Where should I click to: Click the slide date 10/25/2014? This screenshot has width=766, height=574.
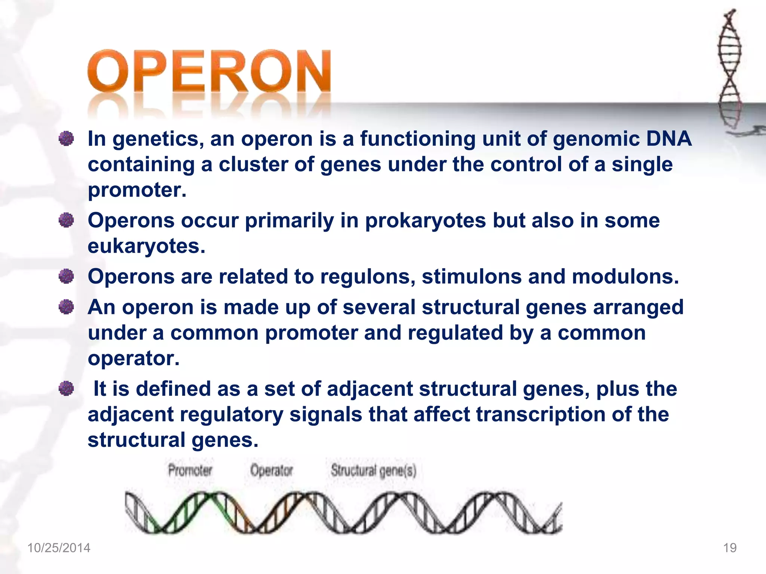coord(59,548)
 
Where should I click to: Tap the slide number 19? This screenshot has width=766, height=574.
coord(730,548)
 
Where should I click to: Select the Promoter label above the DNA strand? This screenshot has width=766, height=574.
coord(190,470)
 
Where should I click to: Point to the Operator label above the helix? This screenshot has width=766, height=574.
coord(272,470)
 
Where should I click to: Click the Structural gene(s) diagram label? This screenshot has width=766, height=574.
coord(373,470)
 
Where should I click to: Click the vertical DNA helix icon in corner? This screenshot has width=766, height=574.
coord(729,67)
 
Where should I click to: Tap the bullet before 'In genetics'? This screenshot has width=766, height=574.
coord(67,139)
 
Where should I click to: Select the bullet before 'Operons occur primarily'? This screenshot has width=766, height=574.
coord(67,220)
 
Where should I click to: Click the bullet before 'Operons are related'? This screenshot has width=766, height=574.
coord(67,277)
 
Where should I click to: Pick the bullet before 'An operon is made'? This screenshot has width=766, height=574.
coord(67,307)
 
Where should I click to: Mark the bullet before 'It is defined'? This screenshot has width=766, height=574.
coord(67,389)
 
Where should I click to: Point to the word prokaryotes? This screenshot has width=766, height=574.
coord(425,221)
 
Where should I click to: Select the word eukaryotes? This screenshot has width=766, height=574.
coord(146,247)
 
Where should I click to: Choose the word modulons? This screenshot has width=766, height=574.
coord(625,277)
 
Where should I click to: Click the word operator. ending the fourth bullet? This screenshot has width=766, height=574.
coord(134,359)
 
